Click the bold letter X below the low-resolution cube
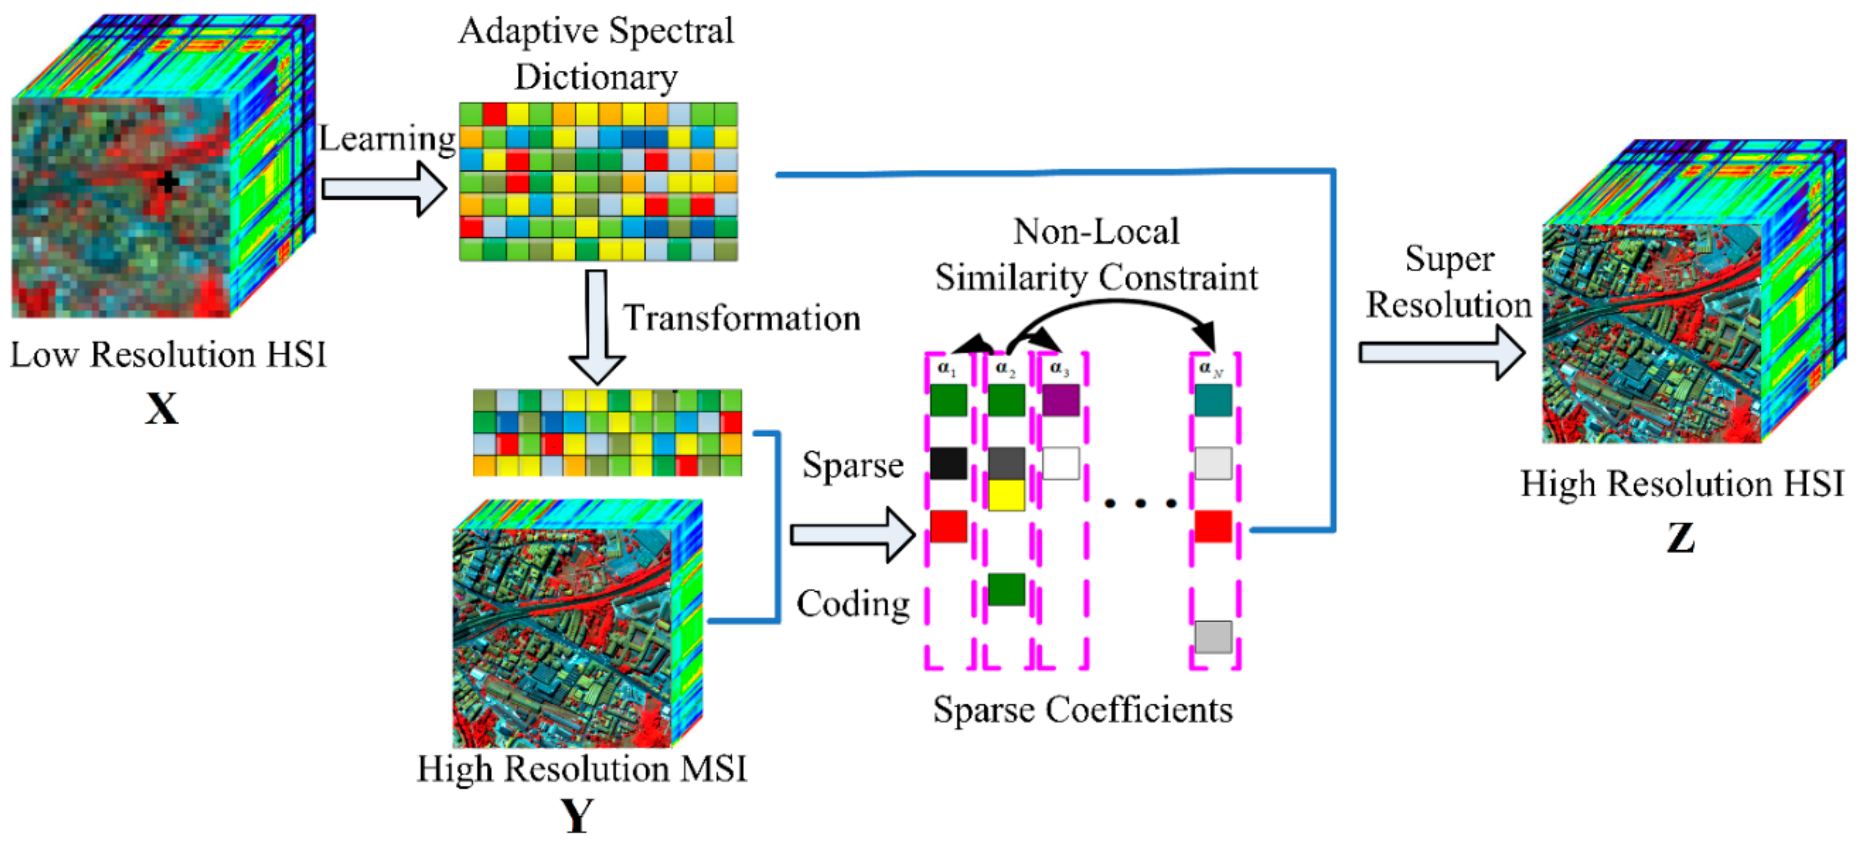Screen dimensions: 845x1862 161,409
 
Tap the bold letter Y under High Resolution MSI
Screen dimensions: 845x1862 578,816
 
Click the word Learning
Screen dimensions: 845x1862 388,138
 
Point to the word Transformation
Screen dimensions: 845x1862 742,318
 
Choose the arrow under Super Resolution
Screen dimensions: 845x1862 1441,353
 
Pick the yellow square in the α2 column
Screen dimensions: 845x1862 1006,495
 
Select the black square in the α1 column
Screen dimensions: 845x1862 948,464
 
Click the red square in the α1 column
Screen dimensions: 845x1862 948,526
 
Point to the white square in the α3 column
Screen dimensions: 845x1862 1060,464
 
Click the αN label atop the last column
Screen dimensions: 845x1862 1211,368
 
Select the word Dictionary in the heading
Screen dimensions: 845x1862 596,77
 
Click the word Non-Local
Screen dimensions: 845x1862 1096,232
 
